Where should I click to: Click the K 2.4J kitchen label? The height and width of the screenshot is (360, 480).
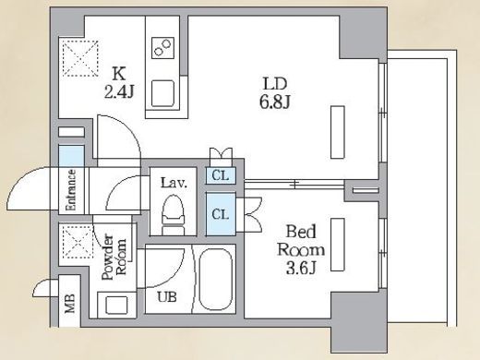[x=119, y=82]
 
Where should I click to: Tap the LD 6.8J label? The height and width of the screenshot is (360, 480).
[x=275, y=93]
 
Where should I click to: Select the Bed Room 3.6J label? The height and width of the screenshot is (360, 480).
[x=301, y=249]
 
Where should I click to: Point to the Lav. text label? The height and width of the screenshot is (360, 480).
[x=174, y=183]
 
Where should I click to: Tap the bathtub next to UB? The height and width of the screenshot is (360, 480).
[x=216, y=279]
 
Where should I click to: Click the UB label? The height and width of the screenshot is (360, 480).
[x=167, y=297]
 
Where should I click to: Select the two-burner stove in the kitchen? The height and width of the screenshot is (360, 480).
[x=162, y=48]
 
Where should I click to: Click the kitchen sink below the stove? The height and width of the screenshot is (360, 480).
[x=162, y=92]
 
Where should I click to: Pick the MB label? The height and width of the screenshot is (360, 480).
[x=70, y=304]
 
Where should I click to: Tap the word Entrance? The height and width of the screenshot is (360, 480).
[x=71, y=190]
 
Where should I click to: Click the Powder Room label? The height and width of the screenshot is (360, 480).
[x=114, y=257]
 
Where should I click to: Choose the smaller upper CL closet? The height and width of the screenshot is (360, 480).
[x=221, y=175]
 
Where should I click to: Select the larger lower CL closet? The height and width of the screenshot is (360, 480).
[x=221, y=214]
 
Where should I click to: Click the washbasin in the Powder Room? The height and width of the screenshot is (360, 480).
[x=116, y=305]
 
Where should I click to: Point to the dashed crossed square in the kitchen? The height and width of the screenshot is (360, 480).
[x=80, y=58]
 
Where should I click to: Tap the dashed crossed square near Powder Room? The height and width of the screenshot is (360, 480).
[x=78, y=242]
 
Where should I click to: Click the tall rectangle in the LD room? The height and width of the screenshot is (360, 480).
[x=338, y=132]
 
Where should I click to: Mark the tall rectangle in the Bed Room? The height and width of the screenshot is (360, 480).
[x=338, y=245]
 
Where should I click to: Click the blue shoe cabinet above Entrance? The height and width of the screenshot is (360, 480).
[x=71, y=156]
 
